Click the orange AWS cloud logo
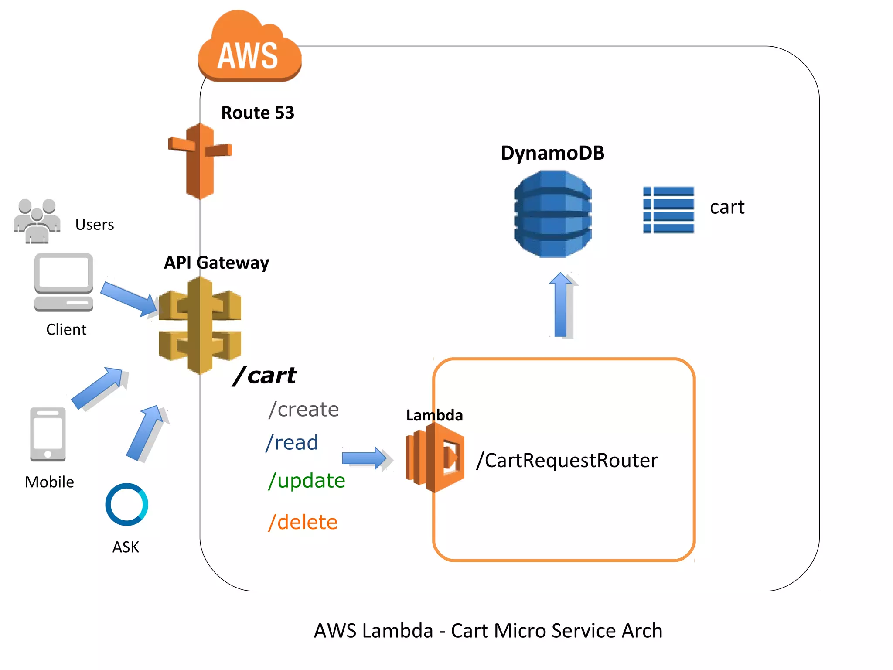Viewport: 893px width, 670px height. pyautogui.click(x=249, y=48)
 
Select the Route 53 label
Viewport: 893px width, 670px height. pyautogui.click(x=258, y=113)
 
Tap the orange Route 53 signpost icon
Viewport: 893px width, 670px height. pyautogui.click(x=200, y=161)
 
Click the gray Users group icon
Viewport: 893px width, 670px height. pyautogui.click(x=37, y=221)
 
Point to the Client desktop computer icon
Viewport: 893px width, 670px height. pyautogui.click(x=64, y=282)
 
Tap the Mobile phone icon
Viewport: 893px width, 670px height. pyautogui.click(x=48, y=434)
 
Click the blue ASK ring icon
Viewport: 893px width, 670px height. pyautogui.click(x=126, y=504)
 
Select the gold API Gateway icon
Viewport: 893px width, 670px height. pyautogui.click(x=200, y=325)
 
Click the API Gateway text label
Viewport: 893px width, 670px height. pyautogui.click(x=216, y=263)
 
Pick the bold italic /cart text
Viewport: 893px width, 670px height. pyautogui.click(x=265, y=376)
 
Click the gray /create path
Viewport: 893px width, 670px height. pyautogui.click(x=303, y=410)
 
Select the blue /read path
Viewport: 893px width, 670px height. pyautogui.click(x=292, y=443)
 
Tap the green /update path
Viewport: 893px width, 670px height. pyautogui.click(x=307, y=481)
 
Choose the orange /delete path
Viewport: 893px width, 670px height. pyautogui.click(x=303, y=522)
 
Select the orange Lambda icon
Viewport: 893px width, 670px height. pyautogui.click(x=434, y=458)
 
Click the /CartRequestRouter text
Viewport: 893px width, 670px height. pyautogui.click(x=567, y=461)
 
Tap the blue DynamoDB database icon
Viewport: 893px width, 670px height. pyautogui.click(x=552, y=214)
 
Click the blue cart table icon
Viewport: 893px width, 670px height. pyautogui.click(x=668, y=210)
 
